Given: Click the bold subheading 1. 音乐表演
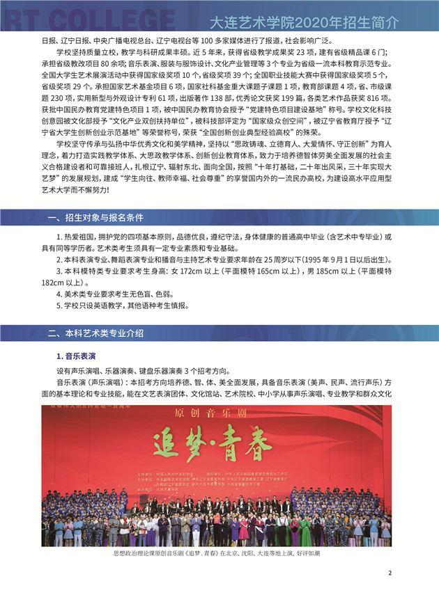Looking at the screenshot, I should tap(76, 356).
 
